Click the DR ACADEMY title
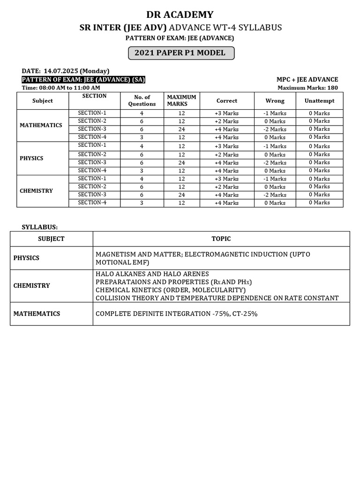tap(180, 14)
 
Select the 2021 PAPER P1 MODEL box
tap(180, 53)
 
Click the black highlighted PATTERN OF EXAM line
tap(83, 80)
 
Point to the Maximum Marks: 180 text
tap(307, 88)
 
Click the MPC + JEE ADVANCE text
tap(307, 80)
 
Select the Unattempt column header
tap(319, 101)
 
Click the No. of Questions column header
tap(142, 101)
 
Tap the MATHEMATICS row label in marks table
tap(41, 125)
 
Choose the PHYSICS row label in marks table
tap(31, 158)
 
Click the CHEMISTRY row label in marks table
tap(36, 191)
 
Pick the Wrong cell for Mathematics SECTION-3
tap(275, 129)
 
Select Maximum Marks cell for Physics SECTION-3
tap(181, 163)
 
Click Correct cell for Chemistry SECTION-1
tap(227, 179)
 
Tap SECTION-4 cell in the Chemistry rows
tap(92, 202)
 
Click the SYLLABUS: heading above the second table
tap(40, 227)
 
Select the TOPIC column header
tap(221, 239)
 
